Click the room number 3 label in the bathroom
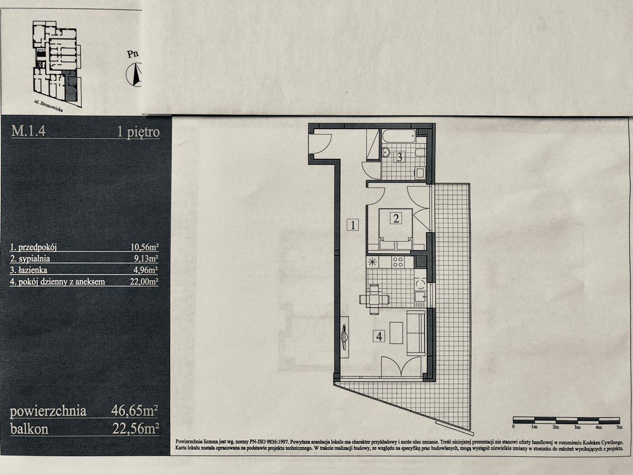400,157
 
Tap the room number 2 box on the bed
396,218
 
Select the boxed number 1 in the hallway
353,224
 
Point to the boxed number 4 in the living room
379,336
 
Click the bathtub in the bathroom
399,136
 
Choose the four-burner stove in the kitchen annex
398,262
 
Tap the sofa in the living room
416,333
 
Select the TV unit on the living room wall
344,337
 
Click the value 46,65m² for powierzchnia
135,411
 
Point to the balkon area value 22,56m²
136,428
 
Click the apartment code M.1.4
28,131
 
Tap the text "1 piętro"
138,132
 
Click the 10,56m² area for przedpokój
144,247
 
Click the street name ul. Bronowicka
48,106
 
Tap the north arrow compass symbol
135,74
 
